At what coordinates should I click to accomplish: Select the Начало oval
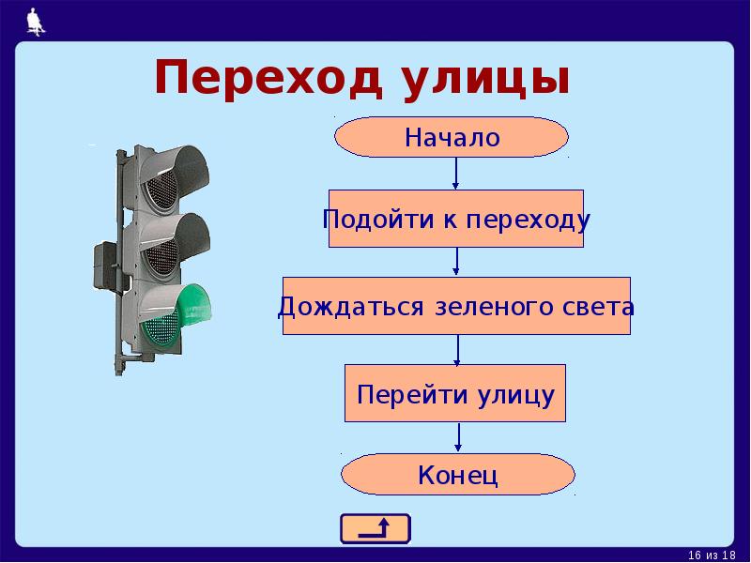point(452,138)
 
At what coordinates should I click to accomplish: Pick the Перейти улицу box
point(456,393)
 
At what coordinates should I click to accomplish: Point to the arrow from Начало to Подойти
point(455,173)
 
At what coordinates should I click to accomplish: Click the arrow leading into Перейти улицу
point(457,349)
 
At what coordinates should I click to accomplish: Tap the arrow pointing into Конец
point(458,436)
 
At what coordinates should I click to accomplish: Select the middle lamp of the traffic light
point(175,246)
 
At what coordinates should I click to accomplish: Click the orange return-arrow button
point(375,528)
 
